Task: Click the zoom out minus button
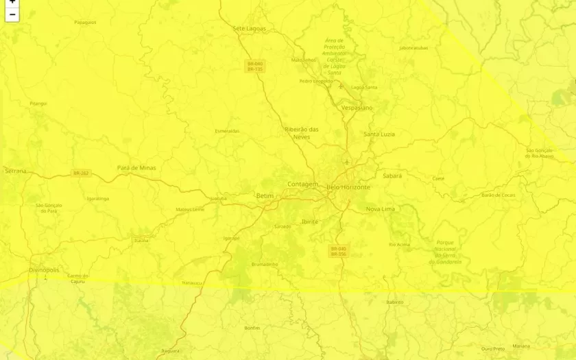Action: pos(12,14)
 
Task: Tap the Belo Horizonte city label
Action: pos(348,187)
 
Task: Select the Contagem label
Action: pos(302,184)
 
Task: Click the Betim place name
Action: pos(265,196)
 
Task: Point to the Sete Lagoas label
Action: pos(250,29)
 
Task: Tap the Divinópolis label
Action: pos(44,270)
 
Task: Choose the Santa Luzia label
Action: pos(379,134)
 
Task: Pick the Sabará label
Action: pos(392,176)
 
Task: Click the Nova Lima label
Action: pos(381,209)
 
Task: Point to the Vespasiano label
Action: pos(357,108)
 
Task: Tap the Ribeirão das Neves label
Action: pos(302,133)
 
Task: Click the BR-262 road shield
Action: pos(81,173)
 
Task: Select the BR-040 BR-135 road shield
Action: pos(255,67)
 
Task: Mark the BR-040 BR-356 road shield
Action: pos(339,252)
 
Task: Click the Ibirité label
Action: pos(310,221)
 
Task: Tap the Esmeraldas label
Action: pos(227,131)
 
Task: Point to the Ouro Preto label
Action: pos(493,348)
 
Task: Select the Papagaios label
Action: pos(85,23)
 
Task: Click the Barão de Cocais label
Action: pos(499,195)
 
